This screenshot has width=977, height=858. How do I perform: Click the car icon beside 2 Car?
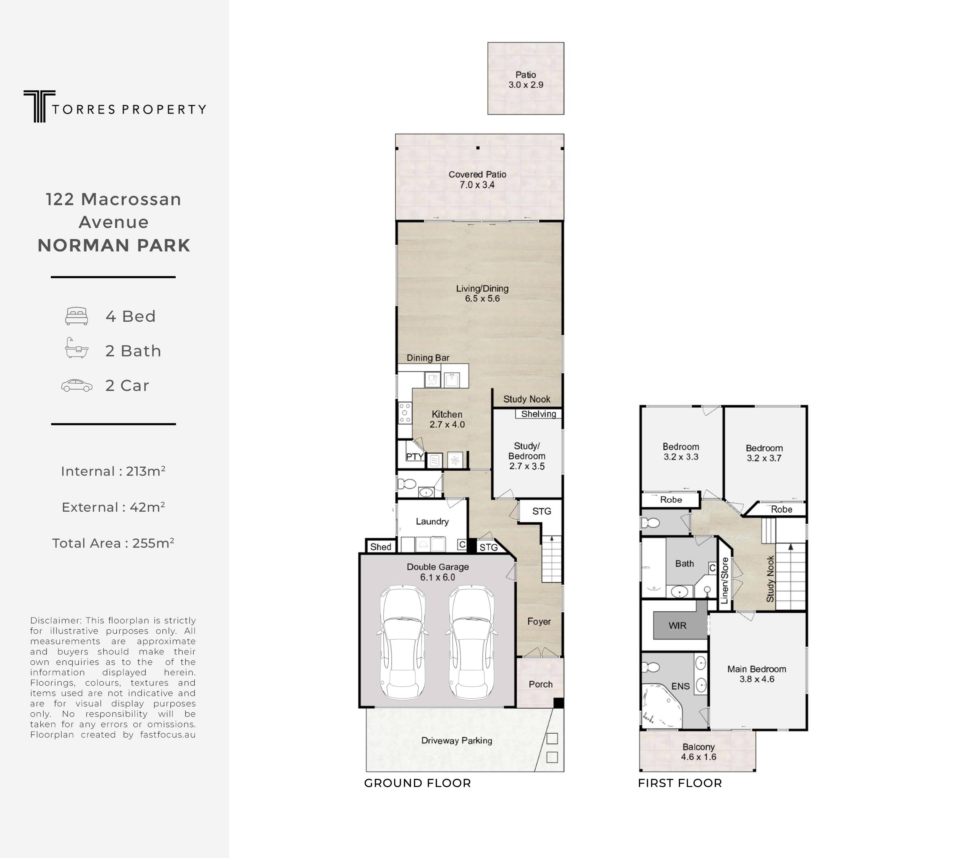pos(76,385)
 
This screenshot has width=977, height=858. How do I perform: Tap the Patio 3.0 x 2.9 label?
pos(526,80)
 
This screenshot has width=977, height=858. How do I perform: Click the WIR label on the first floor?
pos(677,625)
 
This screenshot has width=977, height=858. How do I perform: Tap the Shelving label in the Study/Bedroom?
pos(539,414)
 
